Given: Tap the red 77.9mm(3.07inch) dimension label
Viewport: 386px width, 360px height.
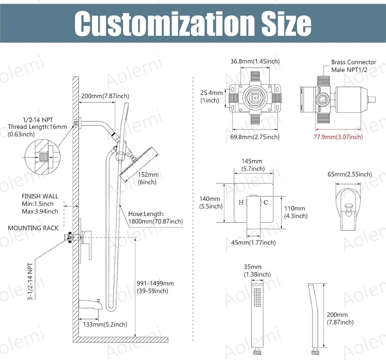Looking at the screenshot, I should pyautogui.click(x=338, y=137).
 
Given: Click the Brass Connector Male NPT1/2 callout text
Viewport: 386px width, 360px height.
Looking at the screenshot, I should pyautogui.click(x=354, y=66).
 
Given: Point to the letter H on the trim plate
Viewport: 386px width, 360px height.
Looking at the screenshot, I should pyautogui.click(x=241, y=203).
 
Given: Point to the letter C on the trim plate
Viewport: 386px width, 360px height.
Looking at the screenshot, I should pyautogui.click(x=266, y=203).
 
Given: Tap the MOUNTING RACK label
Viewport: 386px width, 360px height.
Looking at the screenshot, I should pyautogui.click(x=33, y=228).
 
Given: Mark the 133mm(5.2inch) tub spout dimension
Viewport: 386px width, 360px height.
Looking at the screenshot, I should pyautogui.click(x=103, y=324).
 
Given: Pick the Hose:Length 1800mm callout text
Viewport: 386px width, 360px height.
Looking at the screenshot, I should pyautogui.click(x=155, y=218).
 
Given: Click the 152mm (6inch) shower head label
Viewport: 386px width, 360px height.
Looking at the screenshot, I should pyautogui.click(x=148, y=178).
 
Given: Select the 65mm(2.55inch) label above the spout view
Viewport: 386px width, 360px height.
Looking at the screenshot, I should pyautogui.click(x=349, y=174).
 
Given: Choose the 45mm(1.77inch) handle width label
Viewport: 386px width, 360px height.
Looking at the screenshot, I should pyautogui.click(x=253, y=243).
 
